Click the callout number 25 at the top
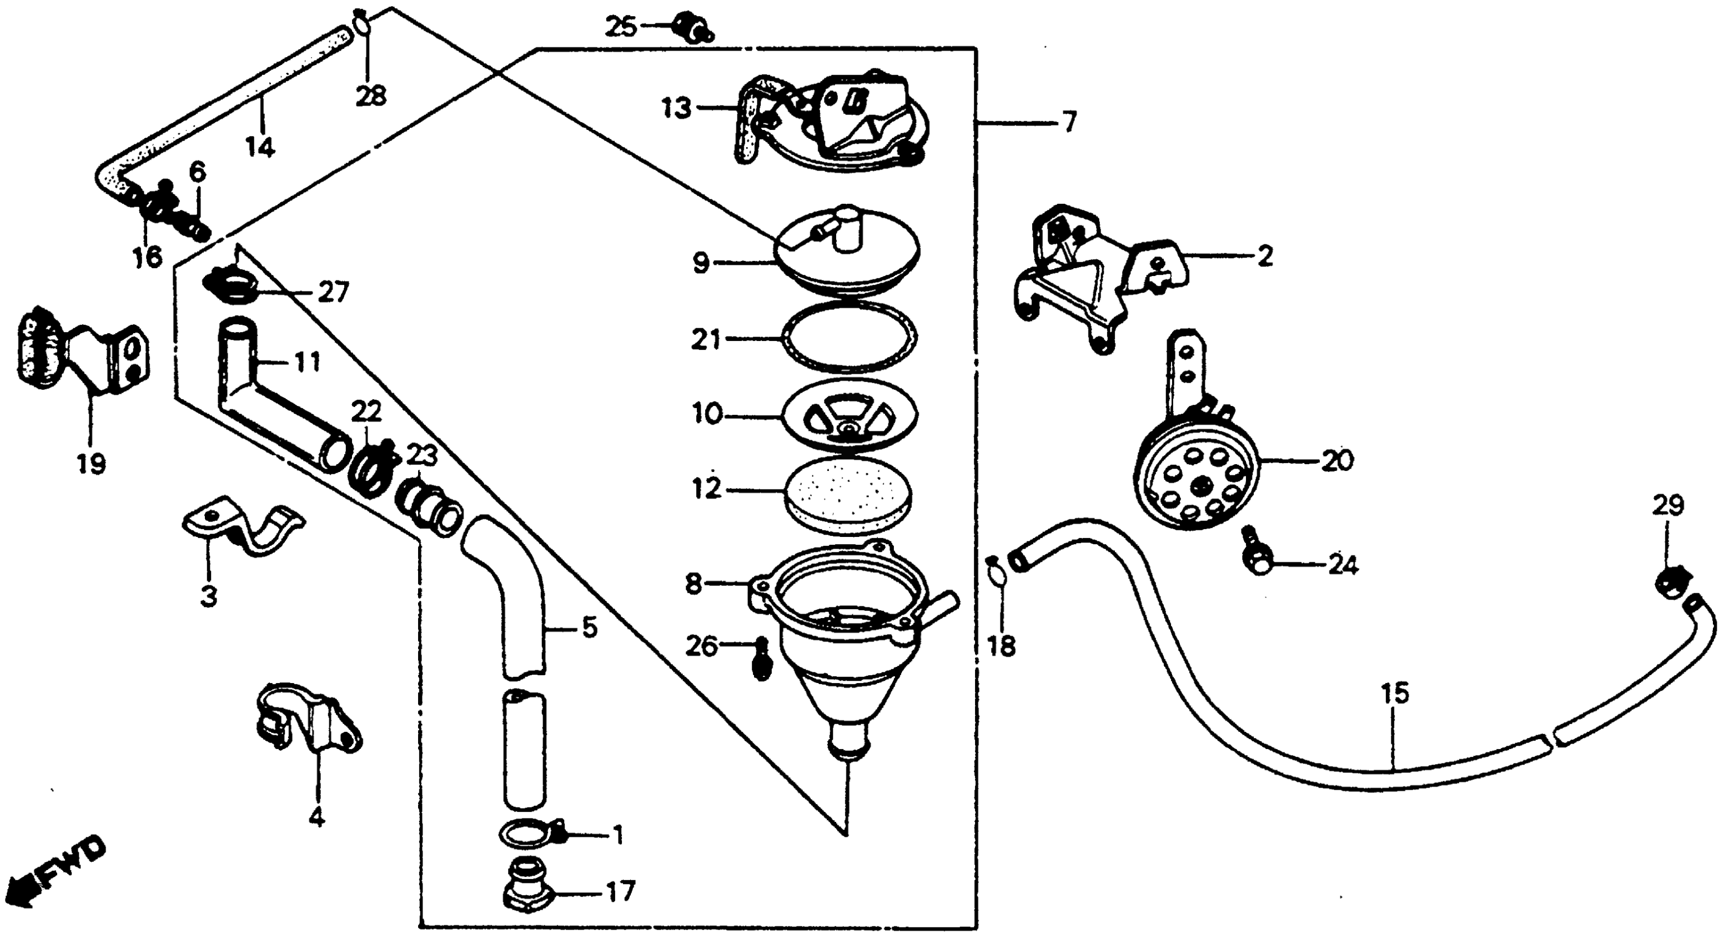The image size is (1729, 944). pos(621,28)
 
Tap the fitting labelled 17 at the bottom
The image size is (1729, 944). pos(527,893)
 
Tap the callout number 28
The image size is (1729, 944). pos(371,97)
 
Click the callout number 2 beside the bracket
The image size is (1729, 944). pos(1264,257)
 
